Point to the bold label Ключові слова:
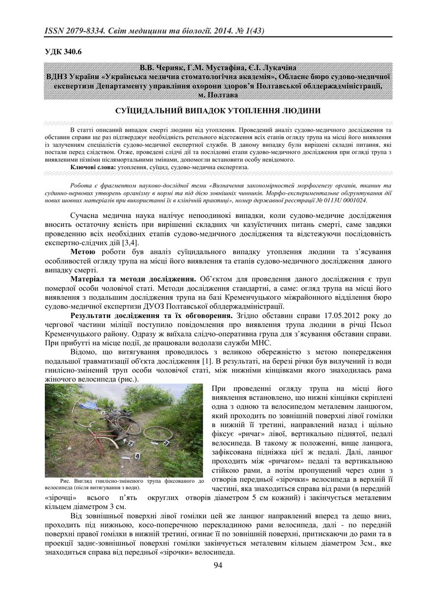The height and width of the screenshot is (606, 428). [93, 167]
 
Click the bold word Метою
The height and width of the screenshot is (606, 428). [83, 251]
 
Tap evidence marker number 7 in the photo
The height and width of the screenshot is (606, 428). [167, 444]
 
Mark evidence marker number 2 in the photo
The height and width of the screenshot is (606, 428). [131, 443]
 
